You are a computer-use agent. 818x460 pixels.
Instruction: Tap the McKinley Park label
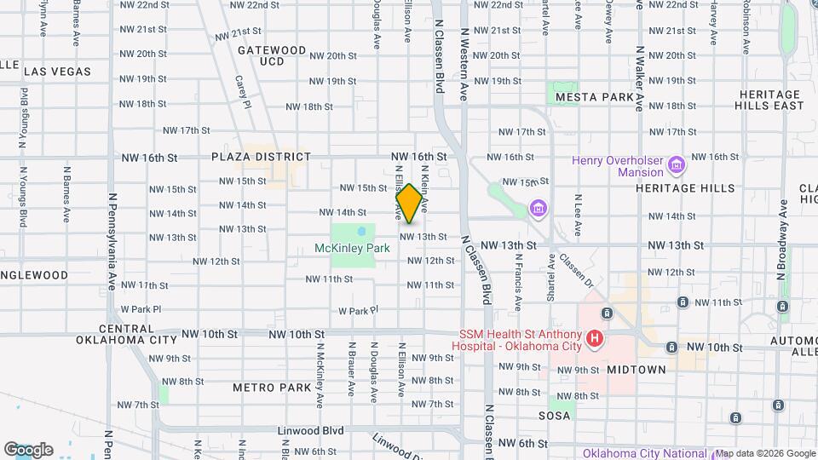(352, 248)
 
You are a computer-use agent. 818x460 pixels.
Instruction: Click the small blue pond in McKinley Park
(361, 230)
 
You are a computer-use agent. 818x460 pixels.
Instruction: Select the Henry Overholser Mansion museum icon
(677, 163)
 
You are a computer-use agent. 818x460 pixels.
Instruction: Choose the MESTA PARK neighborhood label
(595, 98)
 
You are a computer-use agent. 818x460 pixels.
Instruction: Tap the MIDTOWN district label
(636, 370)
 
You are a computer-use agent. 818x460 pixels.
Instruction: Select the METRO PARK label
(272, 388)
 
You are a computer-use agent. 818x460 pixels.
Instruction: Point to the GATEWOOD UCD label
(272, 55)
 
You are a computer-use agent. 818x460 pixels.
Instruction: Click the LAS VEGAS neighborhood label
(57, 72)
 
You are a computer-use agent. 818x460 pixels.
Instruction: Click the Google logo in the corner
(28, 449)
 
